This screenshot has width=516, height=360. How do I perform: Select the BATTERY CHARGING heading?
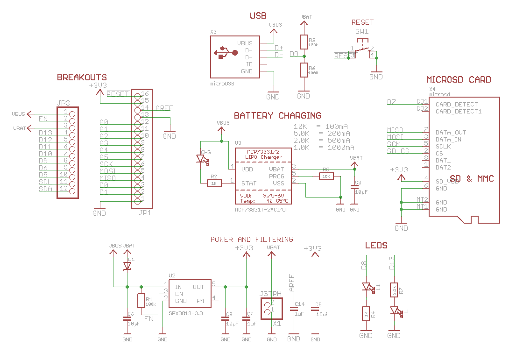pos(277,115)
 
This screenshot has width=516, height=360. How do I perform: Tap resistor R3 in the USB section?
pos(304,42)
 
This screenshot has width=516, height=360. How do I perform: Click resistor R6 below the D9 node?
pos(304,70)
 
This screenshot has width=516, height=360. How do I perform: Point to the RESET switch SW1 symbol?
pos(362,49)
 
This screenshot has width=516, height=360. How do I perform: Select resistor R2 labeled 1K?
pos(213,184)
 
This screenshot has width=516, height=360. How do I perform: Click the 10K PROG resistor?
pos(326,176)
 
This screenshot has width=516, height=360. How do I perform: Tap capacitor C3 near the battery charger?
pos(354,187)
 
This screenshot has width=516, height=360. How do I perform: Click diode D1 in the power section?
pos(127,266)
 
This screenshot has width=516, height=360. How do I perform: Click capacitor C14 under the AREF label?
pos(294,309)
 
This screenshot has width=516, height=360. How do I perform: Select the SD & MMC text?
pos(472,179)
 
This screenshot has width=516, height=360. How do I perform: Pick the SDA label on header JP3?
pos(45,189)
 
